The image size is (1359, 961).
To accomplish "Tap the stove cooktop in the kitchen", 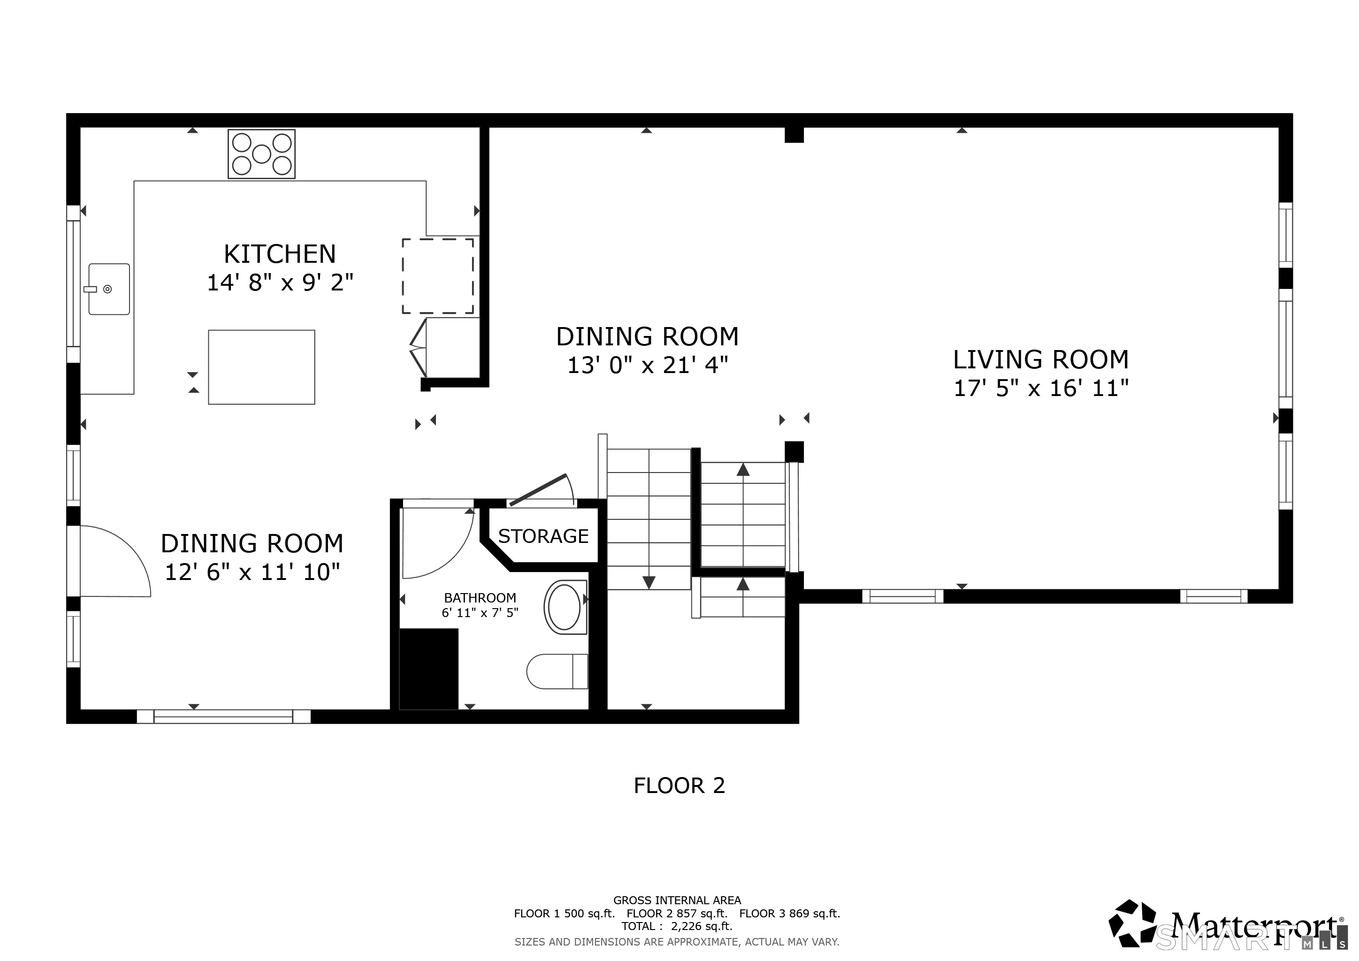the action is [262, 154].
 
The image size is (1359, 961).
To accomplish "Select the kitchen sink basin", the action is [109, 289].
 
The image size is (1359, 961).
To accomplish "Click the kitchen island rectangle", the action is [262, 367].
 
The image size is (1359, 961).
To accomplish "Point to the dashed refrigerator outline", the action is [438, 276].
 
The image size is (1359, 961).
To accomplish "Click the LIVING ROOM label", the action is [1040, 359].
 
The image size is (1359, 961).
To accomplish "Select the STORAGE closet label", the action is [543, 536].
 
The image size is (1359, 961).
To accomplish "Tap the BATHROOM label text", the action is [480, 598].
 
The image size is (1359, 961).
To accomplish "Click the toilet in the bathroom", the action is [557, 671].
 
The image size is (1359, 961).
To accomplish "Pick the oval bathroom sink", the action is [565, 607].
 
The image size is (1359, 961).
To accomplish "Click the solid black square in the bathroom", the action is [428, 669].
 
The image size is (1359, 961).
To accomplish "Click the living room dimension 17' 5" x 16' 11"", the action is [1040, 388].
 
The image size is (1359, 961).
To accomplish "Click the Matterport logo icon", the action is [1132, 923].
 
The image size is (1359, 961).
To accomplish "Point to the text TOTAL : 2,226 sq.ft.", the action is [677, 926].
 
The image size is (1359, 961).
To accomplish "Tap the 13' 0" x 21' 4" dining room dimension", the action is [648, 365].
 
